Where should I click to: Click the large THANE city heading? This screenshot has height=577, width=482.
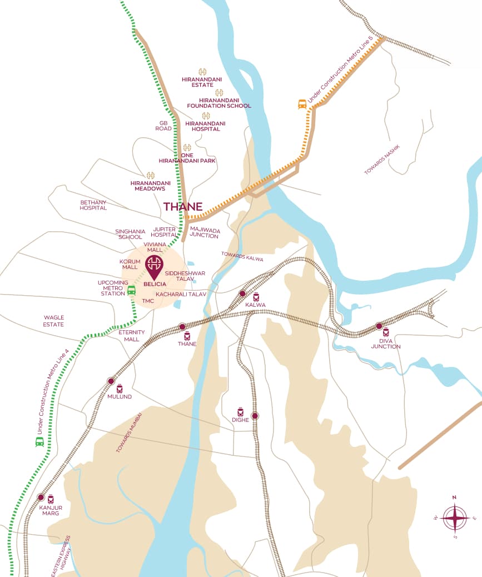(183, 207)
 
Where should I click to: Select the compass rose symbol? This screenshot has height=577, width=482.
(455, 518)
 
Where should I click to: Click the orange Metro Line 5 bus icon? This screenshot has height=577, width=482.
(302, 104)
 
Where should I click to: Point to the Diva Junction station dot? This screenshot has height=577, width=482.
(379, 326)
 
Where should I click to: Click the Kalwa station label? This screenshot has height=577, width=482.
(256, 305)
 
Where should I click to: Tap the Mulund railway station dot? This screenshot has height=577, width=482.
(111, 381)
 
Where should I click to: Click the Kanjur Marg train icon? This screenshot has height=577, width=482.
(51, 499)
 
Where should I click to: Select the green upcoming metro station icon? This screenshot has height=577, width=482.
(132, 290)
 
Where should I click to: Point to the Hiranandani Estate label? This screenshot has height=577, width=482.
(202, 82)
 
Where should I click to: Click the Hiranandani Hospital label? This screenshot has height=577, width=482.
(206, 126)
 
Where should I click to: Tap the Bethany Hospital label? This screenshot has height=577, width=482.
(93, 205)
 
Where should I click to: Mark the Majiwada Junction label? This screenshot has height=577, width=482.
(205, 232)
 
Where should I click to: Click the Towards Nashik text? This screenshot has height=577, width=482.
(382, 160)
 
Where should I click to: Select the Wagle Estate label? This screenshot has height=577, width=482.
(54, 321)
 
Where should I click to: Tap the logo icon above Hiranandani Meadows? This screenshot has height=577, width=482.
(150, 175)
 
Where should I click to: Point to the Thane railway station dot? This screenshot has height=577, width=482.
(182, 327)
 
